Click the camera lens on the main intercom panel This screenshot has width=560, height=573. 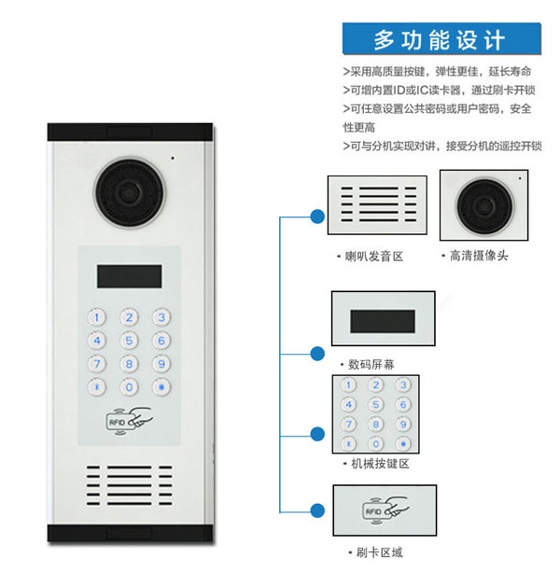(130, 192)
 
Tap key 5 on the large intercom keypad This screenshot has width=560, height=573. (129, 341)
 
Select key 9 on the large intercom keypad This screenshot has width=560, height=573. (161, 364)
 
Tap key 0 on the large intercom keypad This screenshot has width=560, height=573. (129, 387)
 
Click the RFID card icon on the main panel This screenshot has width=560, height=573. (129, 421)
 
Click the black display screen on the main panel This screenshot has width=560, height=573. (130, 276)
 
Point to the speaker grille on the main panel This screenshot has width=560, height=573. (130, 485)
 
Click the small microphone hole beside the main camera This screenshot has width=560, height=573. (173, 159)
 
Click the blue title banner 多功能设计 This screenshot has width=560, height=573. (441, 39)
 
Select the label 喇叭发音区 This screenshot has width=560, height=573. (374, 257)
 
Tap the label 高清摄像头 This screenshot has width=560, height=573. (479, 256)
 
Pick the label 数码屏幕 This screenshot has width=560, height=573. (371, 364)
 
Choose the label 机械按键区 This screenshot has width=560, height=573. (380, 464)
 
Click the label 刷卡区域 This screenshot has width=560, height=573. (380, 552)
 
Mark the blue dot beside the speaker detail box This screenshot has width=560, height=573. (317, 217)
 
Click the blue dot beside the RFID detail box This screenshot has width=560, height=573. (317, 510)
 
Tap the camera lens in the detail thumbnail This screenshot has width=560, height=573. (484, 207)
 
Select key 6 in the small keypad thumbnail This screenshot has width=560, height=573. (403, 404)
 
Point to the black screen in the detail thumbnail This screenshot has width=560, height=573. (383, 322)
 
